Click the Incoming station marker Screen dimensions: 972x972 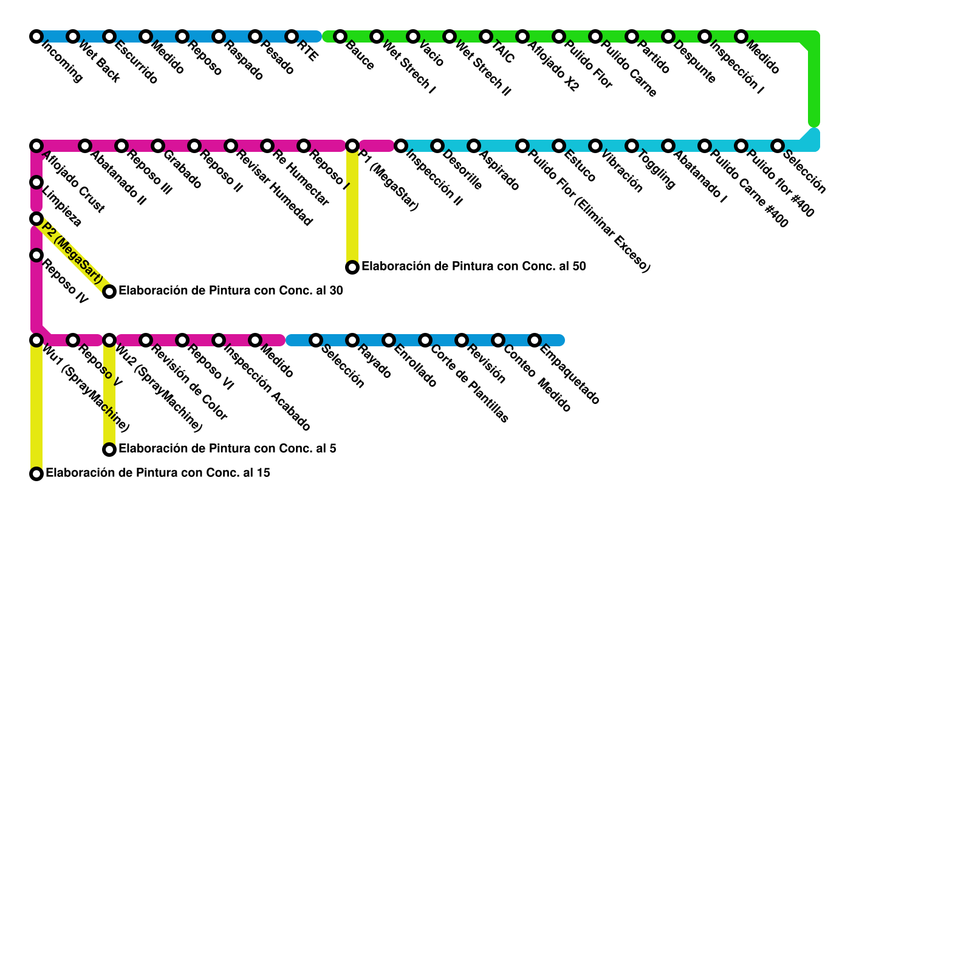point(36,36)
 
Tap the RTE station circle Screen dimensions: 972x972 point(292,36)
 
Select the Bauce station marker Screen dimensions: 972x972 point(340,36)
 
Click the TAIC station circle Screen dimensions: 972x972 point(486,36)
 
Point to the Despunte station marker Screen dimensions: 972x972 point(668,36)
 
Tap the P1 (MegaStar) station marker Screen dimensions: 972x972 point(352,146)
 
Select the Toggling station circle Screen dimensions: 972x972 point(632,146)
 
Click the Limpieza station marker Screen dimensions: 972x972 point(36,182)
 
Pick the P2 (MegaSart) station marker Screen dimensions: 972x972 point(36,219)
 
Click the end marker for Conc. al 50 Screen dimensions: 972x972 point(352,267)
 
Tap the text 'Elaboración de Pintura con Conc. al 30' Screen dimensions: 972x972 point(231,291)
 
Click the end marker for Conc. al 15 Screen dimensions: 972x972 point(36,474)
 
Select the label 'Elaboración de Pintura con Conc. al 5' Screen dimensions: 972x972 point(227,449)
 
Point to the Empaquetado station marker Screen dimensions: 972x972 point(535,340)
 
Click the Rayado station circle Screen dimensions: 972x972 point(352,340)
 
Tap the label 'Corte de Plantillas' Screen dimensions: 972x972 point(470,384)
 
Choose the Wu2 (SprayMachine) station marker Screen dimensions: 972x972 point(109,340)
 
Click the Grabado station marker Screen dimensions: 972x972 point(158,146)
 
